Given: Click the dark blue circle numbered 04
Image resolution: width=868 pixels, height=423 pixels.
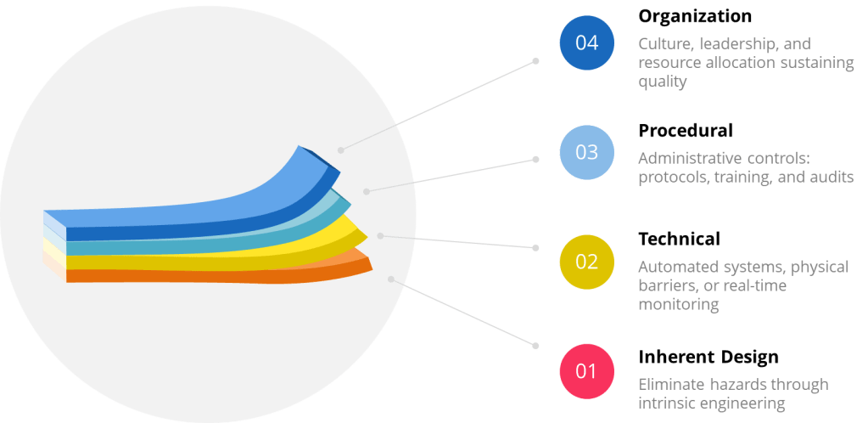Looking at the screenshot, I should [586, 43].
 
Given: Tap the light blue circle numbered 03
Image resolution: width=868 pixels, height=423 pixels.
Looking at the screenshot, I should [586, 152].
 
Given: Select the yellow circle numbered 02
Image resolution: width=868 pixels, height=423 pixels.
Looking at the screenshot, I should [586, 262].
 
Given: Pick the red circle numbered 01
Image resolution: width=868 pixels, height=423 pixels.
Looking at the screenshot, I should [586, 370].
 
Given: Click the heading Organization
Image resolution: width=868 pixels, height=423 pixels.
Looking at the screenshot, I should [694, 16].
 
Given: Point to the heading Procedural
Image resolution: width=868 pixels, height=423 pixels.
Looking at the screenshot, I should [685, 131].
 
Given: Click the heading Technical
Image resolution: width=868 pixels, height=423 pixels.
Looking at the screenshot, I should [679, 239].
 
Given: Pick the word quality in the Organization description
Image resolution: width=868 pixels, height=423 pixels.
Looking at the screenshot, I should [662, 82].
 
